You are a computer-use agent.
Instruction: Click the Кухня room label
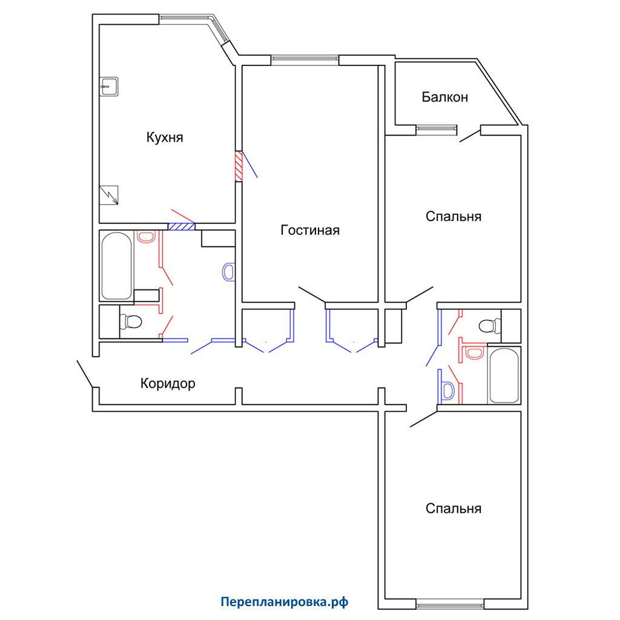click(165, 137)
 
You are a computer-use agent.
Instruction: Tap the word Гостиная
click(310, 230)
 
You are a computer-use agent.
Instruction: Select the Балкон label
click(445, 97)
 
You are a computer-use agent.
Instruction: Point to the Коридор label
click(168, 383)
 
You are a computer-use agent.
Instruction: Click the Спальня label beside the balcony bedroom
click(453, 216)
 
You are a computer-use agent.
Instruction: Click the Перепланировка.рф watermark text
click(285, 602)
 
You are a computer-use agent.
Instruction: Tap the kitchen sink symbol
click(109, 86)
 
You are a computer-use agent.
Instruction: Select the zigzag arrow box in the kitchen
click(109, 195)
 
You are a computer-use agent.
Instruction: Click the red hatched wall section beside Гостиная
click(239, 166)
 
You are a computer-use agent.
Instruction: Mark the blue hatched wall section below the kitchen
click(182, 226)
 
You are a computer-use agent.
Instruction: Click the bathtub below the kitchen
click(117, 266)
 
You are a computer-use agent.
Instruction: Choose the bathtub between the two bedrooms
click(504, 375)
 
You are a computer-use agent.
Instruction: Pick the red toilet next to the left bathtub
click(146, 237)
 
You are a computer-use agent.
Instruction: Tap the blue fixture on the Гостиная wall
click(228, 272)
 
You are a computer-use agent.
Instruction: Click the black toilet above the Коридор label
click(131, 322)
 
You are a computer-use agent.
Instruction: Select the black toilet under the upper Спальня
click(490, 326)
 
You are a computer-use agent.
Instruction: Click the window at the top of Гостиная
click(305, 60)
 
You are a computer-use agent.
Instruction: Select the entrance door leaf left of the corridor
click(85, 374)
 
